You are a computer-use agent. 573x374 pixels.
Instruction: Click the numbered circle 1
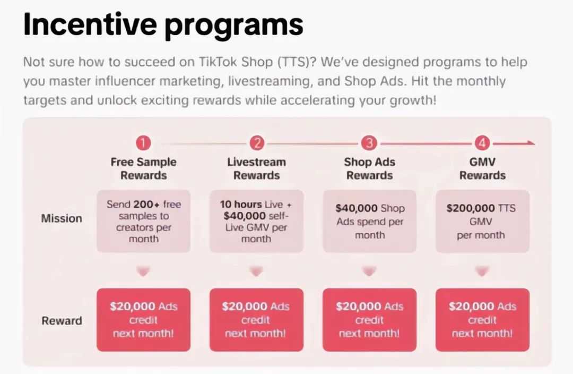click(x=143, y=143)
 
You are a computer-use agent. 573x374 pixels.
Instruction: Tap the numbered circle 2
click(x=257, y=143)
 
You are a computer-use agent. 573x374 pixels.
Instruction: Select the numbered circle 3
click(x=369, y=143)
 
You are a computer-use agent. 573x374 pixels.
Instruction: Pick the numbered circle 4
click(x=482, y=143)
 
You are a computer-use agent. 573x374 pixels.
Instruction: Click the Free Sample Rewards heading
click(x=144, y=169)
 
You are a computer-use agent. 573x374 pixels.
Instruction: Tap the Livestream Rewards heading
click(x=257, y=169)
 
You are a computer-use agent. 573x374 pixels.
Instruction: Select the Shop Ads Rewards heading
click(x=369, y=169)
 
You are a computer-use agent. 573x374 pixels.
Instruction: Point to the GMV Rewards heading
click(x=482, y=169)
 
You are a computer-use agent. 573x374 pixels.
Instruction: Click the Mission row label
click(x=62, y=218)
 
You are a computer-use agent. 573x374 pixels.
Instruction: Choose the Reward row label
click(x=62, y=320)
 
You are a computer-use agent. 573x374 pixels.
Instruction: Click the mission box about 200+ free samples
click(x=144, y=221)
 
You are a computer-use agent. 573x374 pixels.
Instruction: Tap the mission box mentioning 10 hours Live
click(x=257, y=221)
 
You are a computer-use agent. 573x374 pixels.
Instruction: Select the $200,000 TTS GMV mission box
click(x=482, y=221)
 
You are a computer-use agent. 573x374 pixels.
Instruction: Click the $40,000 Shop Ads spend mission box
click(x=369, y=221)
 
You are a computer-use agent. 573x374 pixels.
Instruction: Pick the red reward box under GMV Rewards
click(x=482, y=320)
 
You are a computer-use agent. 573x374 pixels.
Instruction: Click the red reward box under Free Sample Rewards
click(x=144, y=320)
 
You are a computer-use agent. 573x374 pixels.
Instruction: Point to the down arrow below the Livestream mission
click(x=257, y=271)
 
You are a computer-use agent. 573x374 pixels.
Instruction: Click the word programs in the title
click(x=234, y=25)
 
